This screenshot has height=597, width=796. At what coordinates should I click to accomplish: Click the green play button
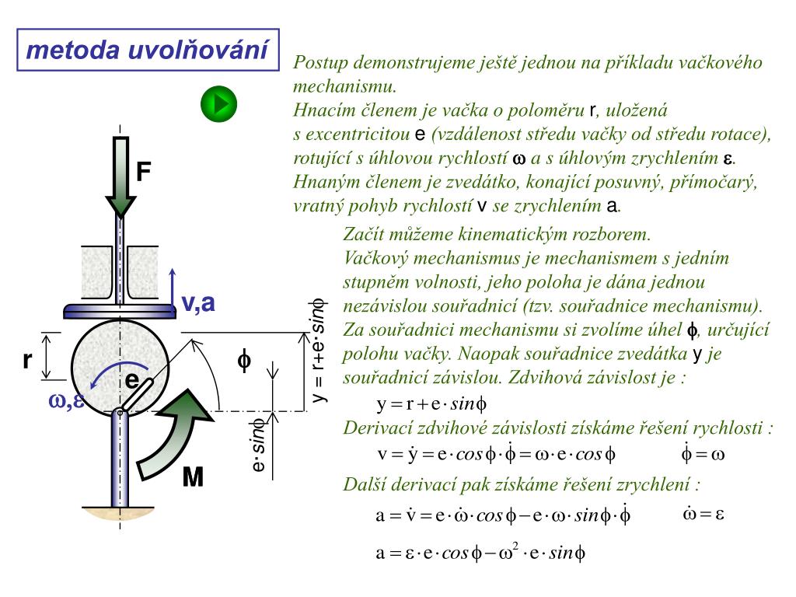coord(218,103)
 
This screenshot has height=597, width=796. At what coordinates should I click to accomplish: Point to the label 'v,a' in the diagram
coord(197,303)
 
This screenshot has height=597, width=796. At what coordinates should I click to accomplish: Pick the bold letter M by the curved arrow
coord(193,477)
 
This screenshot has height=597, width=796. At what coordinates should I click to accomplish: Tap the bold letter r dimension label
coord(27,360)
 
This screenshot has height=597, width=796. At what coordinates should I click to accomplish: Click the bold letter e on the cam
coord(132,380)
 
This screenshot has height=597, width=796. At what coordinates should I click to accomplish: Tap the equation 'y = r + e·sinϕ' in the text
coord(431,404)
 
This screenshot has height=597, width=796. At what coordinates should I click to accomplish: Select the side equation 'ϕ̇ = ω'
coord(702,453)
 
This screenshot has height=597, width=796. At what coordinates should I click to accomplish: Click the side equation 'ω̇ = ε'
coord(703,514)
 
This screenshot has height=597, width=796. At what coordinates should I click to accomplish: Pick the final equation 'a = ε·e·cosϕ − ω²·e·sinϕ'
coord(480,553)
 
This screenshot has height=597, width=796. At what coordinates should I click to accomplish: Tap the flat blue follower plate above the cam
coord(120,310)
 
